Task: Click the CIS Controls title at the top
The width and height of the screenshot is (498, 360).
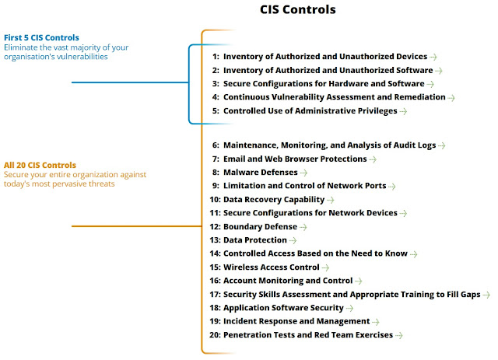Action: tap(298, 10)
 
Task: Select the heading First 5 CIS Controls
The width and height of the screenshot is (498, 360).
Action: tap(42, 37)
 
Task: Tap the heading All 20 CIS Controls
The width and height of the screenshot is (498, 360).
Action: tap(40, 165)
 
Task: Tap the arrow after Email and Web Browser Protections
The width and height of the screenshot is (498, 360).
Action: tap(373, 159)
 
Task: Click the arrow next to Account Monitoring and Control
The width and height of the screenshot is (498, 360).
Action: tap(359, 281)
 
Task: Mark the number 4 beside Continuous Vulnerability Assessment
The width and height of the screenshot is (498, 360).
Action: tap(216, 97)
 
